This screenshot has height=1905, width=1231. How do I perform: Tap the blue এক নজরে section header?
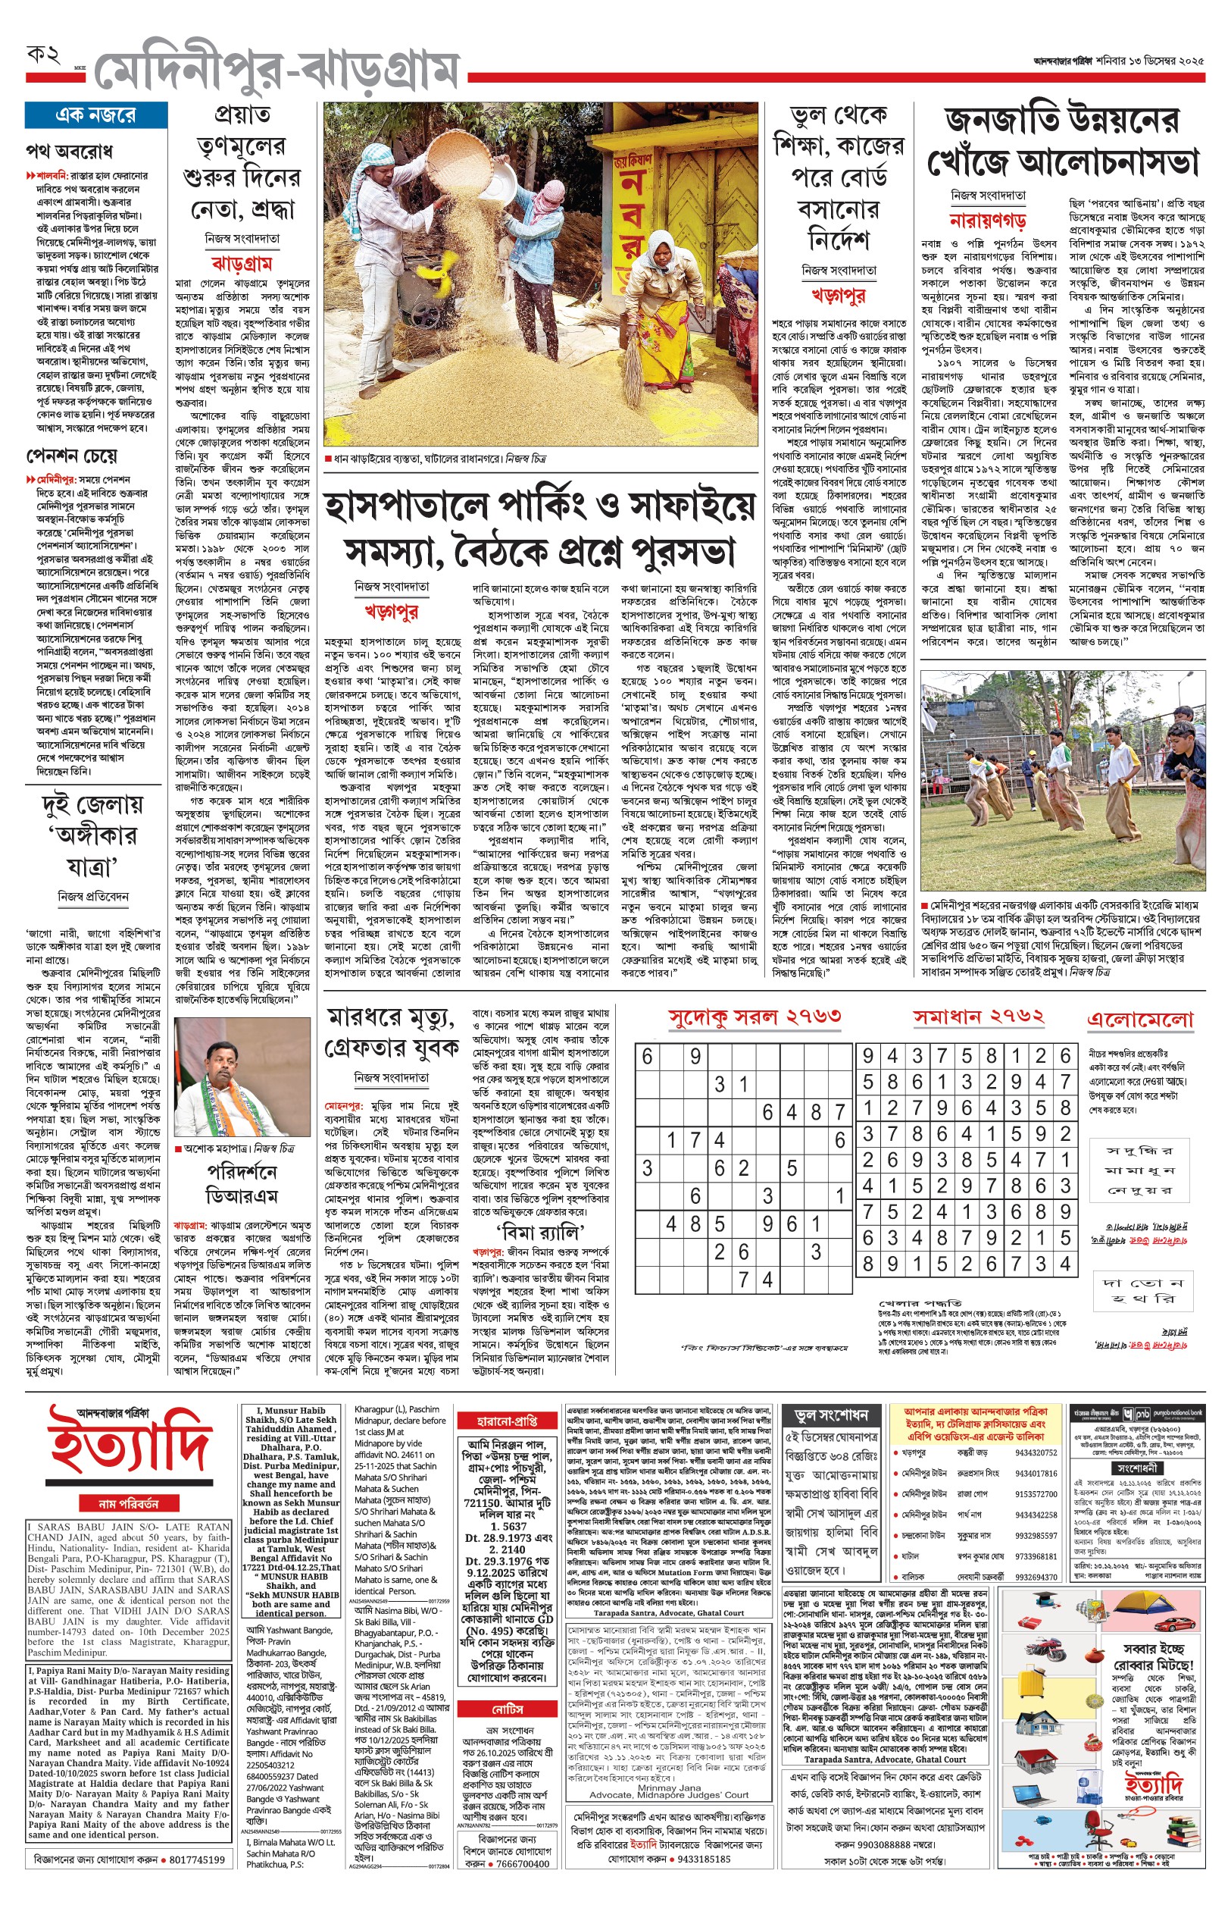[96, 115]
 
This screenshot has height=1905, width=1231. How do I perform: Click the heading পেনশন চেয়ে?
[72, 456]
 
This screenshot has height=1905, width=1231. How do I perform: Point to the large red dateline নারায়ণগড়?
[988, 220]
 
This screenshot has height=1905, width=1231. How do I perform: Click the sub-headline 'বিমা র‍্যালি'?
[539, 1231]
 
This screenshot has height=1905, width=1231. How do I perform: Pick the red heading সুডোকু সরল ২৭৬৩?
[755, 1017]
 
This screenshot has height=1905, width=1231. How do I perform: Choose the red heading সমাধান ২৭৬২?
[979, 1017]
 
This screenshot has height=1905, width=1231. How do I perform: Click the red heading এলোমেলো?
[1140, 1020]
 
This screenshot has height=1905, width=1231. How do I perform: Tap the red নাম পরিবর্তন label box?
[129, 1503]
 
